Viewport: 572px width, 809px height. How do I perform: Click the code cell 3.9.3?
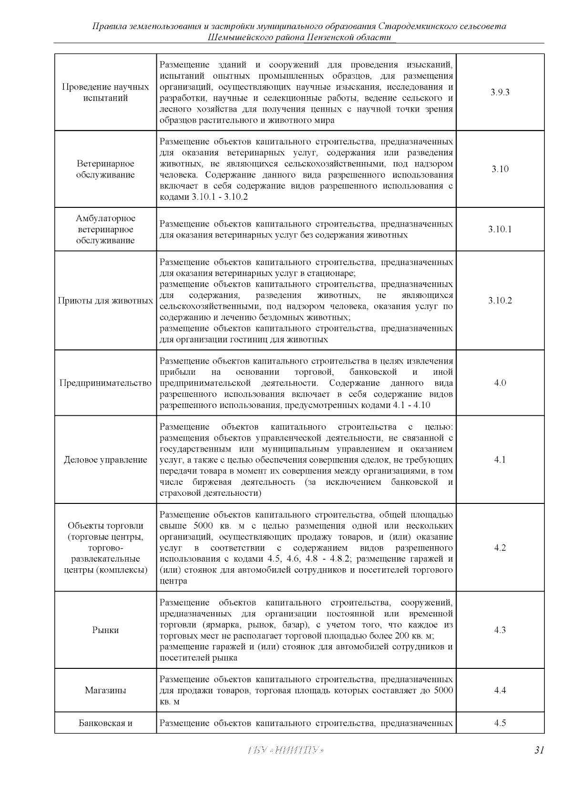500,92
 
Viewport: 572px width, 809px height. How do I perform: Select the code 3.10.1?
500,229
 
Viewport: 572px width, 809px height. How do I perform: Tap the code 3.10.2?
500,301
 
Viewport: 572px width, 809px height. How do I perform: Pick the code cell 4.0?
500,383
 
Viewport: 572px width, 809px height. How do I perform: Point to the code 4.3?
500,630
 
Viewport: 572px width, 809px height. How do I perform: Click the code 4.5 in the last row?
500,723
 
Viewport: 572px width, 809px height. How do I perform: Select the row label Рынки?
105,630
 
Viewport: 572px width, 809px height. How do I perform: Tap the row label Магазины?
105,690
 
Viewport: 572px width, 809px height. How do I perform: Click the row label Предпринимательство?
105,383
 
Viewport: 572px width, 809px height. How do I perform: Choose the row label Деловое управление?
105,460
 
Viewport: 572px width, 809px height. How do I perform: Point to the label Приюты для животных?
105,301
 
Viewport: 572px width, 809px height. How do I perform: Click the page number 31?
539,750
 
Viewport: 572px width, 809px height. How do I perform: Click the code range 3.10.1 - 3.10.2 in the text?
220,197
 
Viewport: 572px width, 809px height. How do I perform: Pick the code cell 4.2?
500,548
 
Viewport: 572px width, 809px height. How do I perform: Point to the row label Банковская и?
105,723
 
